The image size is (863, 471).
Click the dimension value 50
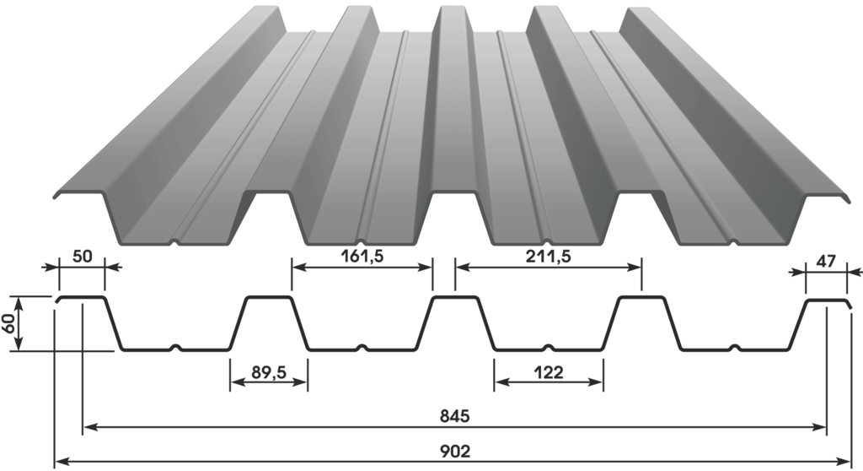tap(82, 257)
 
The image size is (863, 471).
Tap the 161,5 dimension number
tap(362, 256)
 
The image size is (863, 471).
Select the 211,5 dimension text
tap(548, 256)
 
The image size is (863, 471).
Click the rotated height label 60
tap(8, 324)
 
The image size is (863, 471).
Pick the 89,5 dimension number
tap(269, 372)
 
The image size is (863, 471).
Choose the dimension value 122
tap(549, 372)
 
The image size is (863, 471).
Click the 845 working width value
tap(454, 416)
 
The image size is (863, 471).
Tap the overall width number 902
tap(455, 451)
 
